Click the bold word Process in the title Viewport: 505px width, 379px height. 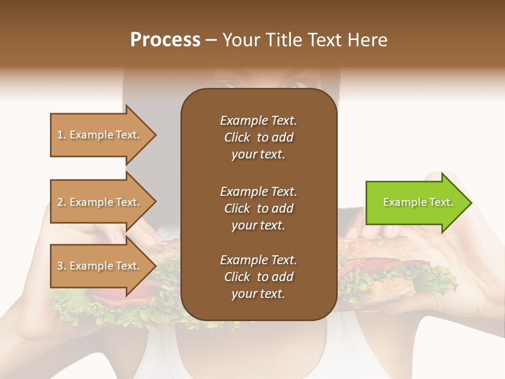pyautogui.click(x=165, y=40)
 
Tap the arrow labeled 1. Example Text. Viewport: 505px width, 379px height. pyautogui.click(x=100, y=135)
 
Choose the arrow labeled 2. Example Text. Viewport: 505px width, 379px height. pyautogui.click(x=100, y=202)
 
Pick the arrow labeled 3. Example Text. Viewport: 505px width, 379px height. pyautogui.click(x=100, y=266)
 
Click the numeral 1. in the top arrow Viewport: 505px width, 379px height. pyautogui.click(x=61, y=135)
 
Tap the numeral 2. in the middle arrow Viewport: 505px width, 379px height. pyautogui.click(x=61, y=202)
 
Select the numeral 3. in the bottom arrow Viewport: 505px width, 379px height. pyautogui.click(x=61, y=266)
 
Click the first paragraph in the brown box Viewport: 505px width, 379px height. pyautogui.click(x=258, y=137)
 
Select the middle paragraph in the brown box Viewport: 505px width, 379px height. pyautogui.click(x=258, y=208)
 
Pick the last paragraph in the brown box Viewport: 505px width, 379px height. pyautogui.click(x=258, y=277)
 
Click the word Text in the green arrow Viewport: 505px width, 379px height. pyautogui.click(x=441, y=203)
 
